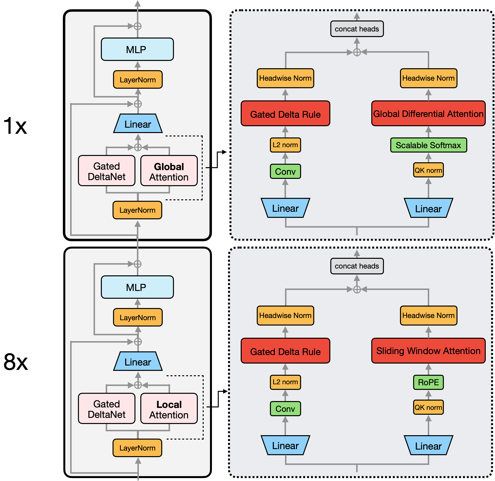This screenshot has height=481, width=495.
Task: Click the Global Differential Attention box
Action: pos(428,114)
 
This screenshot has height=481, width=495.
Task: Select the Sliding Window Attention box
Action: pos(428,351)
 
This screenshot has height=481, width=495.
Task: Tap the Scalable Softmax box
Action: pos(428,145)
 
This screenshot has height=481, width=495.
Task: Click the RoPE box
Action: pos(428,382)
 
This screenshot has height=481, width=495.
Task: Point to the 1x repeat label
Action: pos(15,125)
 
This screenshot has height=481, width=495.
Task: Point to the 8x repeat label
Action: pos(16,362)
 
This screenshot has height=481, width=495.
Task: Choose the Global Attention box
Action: pos(169,171)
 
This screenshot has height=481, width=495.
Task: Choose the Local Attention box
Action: pos(169,408)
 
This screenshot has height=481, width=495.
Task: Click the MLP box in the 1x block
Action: pos(137,49)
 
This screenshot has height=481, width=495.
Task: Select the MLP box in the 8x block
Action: pos(137,287)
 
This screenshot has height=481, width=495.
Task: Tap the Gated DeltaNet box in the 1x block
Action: pos(107,171)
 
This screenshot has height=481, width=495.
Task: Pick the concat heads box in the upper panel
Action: pos(357,29)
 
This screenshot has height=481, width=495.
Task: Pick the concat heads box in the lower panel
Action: pos(357,266)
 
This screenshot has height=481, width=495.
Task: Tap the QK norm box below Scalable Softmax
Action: pos(428,170)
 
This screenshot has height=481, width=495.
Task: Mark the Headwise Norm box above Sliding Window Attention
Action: pos(428,316)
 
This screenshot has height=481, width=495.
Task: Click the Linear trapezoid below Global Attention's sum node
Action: pos(138,124)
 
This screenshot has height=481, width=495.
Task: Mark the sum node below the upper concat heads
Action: pos(357,52)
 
